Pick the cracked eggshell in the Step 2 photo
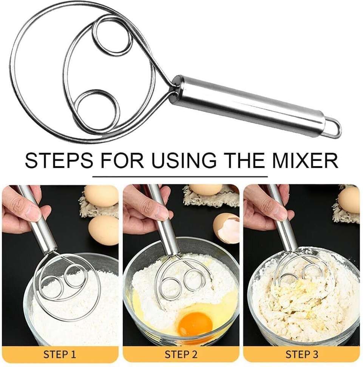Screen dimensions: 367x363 pyautogui.click(x=226, y=228)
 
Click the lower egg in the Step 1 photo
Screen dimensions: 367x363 pyautogui.click(x=103, y=230)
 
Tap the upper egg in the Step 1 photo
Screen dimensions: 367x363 pyautogui.click(x=100, y=196)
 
